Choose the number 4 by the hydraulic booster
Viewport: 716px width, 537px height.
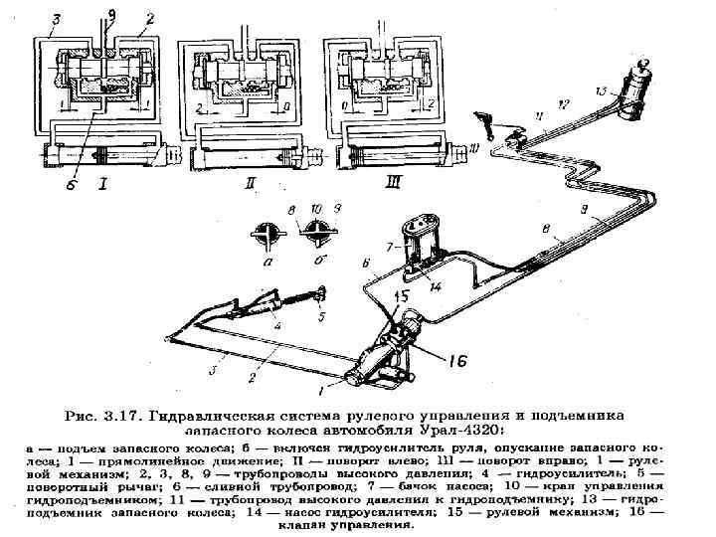click(277, 325)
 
